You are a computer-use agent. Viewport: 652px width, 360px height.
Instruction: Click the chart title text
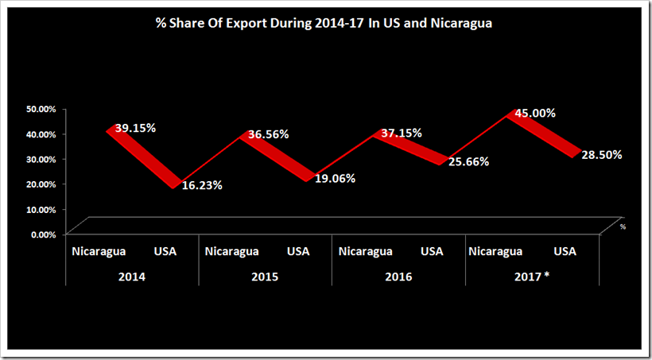pos(324,23)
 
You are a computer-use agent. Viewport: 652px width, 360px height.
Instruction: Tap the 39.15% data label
pos(135,128)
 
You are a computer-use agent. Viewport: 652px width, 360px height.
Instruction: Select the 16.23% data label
pos(202,185)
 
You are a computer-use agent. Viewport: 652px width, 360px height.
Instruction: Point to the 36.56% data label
pos(269,134)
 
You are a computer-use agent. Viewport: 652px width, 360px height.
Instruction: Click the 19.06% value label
pos(335,179)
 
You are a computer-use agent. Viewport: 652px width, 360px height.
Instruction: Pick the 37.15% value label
pos(402,133)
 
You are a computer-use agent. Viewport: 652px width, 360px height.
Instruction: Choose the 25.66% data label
pos(468,161)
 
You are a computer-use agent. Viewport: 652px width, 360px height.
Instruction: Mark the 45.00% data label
pos(535,113)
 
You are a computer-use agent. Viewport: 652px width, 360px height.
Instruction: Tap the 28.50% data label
pos(602,155)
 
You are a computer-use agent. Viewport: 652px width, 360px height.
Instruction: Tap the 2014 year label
pos(132,277)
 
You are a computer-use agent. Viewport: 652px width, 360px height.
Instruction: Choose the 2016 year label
pos(398,277)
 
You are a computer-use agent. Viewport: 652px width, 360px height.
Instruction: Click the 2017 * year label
pos(532,277)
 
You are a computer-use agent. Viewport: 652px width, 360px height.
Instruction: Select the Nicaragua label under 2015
pos(232,251)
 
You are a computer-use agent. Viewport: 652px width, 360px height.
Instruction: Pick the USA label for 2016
pos(432,251)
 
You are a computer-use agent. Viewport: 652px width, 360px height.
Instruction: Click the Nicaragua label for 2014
pos(99,251)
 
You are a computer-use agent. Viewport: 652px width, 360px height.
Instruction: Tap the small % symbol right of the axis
pos(623,227)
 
